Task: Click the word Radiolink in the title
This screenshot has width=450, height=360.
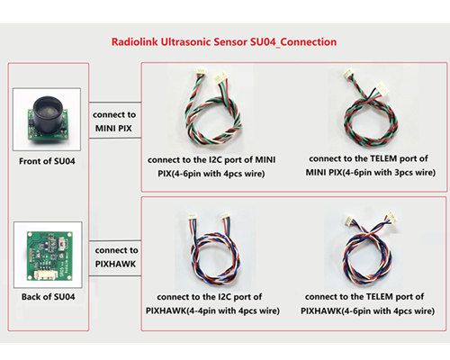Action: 135,41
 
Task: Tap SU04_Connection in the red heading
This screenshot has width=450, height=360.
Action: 293,42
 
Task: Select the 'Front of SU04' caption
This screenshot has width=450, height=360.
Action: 47,161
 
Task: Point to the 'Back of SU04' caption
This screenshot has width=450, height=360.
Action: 48,297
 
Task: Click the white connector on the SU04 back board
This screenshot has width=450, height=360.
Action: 44,274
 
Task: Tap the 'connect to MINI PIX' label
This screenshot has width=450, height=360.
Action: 114,121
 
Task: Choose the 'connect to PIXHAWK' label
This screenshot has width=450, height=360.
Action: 116,257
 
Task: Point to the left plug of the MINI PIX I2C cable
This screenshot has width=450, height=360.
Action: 201,72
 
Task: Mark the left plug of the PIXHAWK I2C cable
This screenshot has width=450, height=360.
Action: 192,217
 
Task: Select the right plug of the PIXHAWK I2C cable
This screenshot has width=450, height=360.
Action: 226,216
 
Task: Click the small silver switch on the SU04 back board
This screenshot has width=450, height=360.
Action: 63,243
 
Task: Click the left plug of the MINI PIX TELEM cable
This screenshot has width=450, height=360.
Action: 348,74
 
